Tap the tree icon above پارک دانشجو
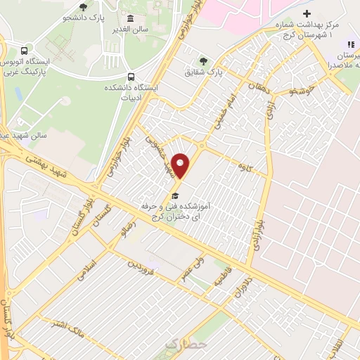tap(84, 7)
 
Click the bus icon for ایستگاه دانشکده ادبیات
tap(131, 77)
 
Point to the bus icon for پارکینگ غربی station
tap(25, 51)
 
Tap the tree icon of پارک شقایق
tap(204, 60)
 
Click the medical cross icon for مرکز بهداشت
tap(306, 14)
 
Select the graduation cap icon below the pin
tap(175, 196)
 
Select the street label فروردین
tap(139, 267)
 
